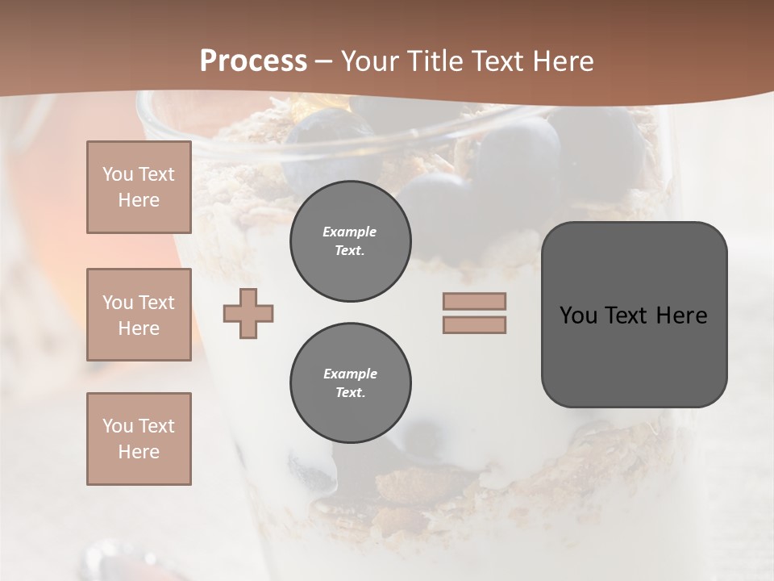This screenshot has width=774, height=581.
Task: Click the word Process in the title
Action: point(253,61)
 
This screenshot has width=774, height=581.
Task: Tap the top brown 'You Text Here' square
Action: point(139,187)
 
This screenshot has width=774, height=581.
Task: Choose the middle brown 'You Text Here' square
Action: point(139,315)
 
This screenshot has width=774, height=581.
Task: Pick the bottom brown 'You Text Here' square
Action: point(139,439)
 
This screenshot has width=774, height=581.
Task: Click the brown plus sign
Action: point(248,313)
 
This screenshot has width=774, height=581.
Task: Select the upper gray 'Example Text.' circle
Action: point(351,241)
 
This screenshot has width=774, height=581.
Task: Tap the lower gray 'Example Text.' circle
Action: point(351,383)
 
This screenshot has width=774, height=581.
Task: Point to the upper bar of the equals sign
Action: point(474,301)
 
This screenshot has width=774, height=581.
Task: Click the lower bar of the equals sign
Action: point(474,324)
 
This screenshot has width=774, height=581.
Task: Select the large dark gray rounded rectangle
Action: point(634,355)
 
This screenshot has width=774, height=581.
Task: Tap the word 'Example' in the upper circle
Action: point(350,232)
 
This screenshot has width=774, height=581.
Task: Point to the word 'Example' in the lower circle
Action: point(350,374)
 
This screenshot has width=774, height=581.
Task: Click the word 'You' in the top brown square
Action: point(117,174)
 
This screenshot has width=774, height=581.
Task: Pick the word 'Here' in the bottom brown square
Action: point(139,452)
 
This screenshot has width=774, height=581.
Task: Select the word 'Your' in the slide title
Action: point(369,61)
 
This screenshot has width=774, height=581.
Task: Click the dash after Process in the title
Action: point(323,61)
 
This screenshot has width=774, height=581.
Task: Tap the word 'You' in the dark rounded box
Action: point(578,316)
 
